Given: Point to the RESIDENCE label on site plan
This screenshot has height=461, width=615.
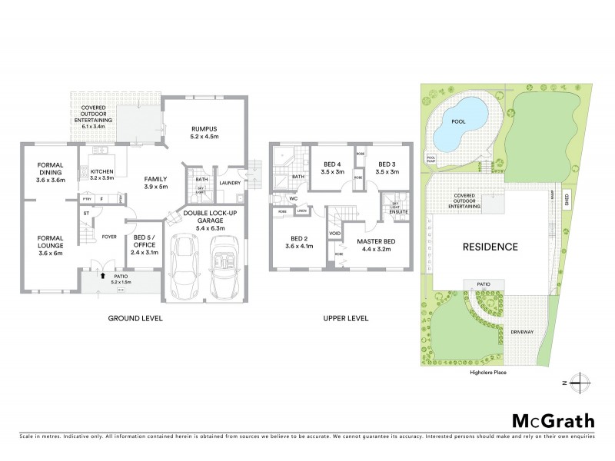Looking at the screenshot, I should (490, 247).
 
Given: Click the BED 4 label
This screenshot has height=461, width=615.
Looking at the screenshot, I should (332, 168).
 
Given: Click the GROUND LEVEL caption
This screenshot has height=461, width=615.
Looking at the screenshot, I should (135, 317).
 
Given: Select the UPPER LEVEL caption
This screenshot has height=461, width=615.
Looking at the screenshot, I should (345, 317).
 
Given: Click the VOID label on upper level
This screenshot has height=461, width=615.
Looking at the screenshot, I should (335, 233).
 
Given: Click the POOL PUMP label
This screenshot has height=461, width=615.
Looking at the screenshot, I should (430, 159).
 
